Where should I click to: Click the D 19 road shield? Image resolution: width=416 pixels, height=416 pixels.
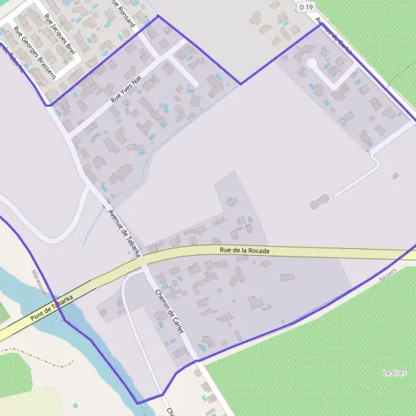[305, 6]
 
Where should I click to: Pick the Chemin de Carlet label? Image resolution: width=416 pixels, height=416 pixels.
[170, 312]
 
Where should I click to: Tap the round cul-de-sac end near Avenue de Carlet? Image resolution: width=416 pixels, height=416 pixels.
[311, 64]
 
